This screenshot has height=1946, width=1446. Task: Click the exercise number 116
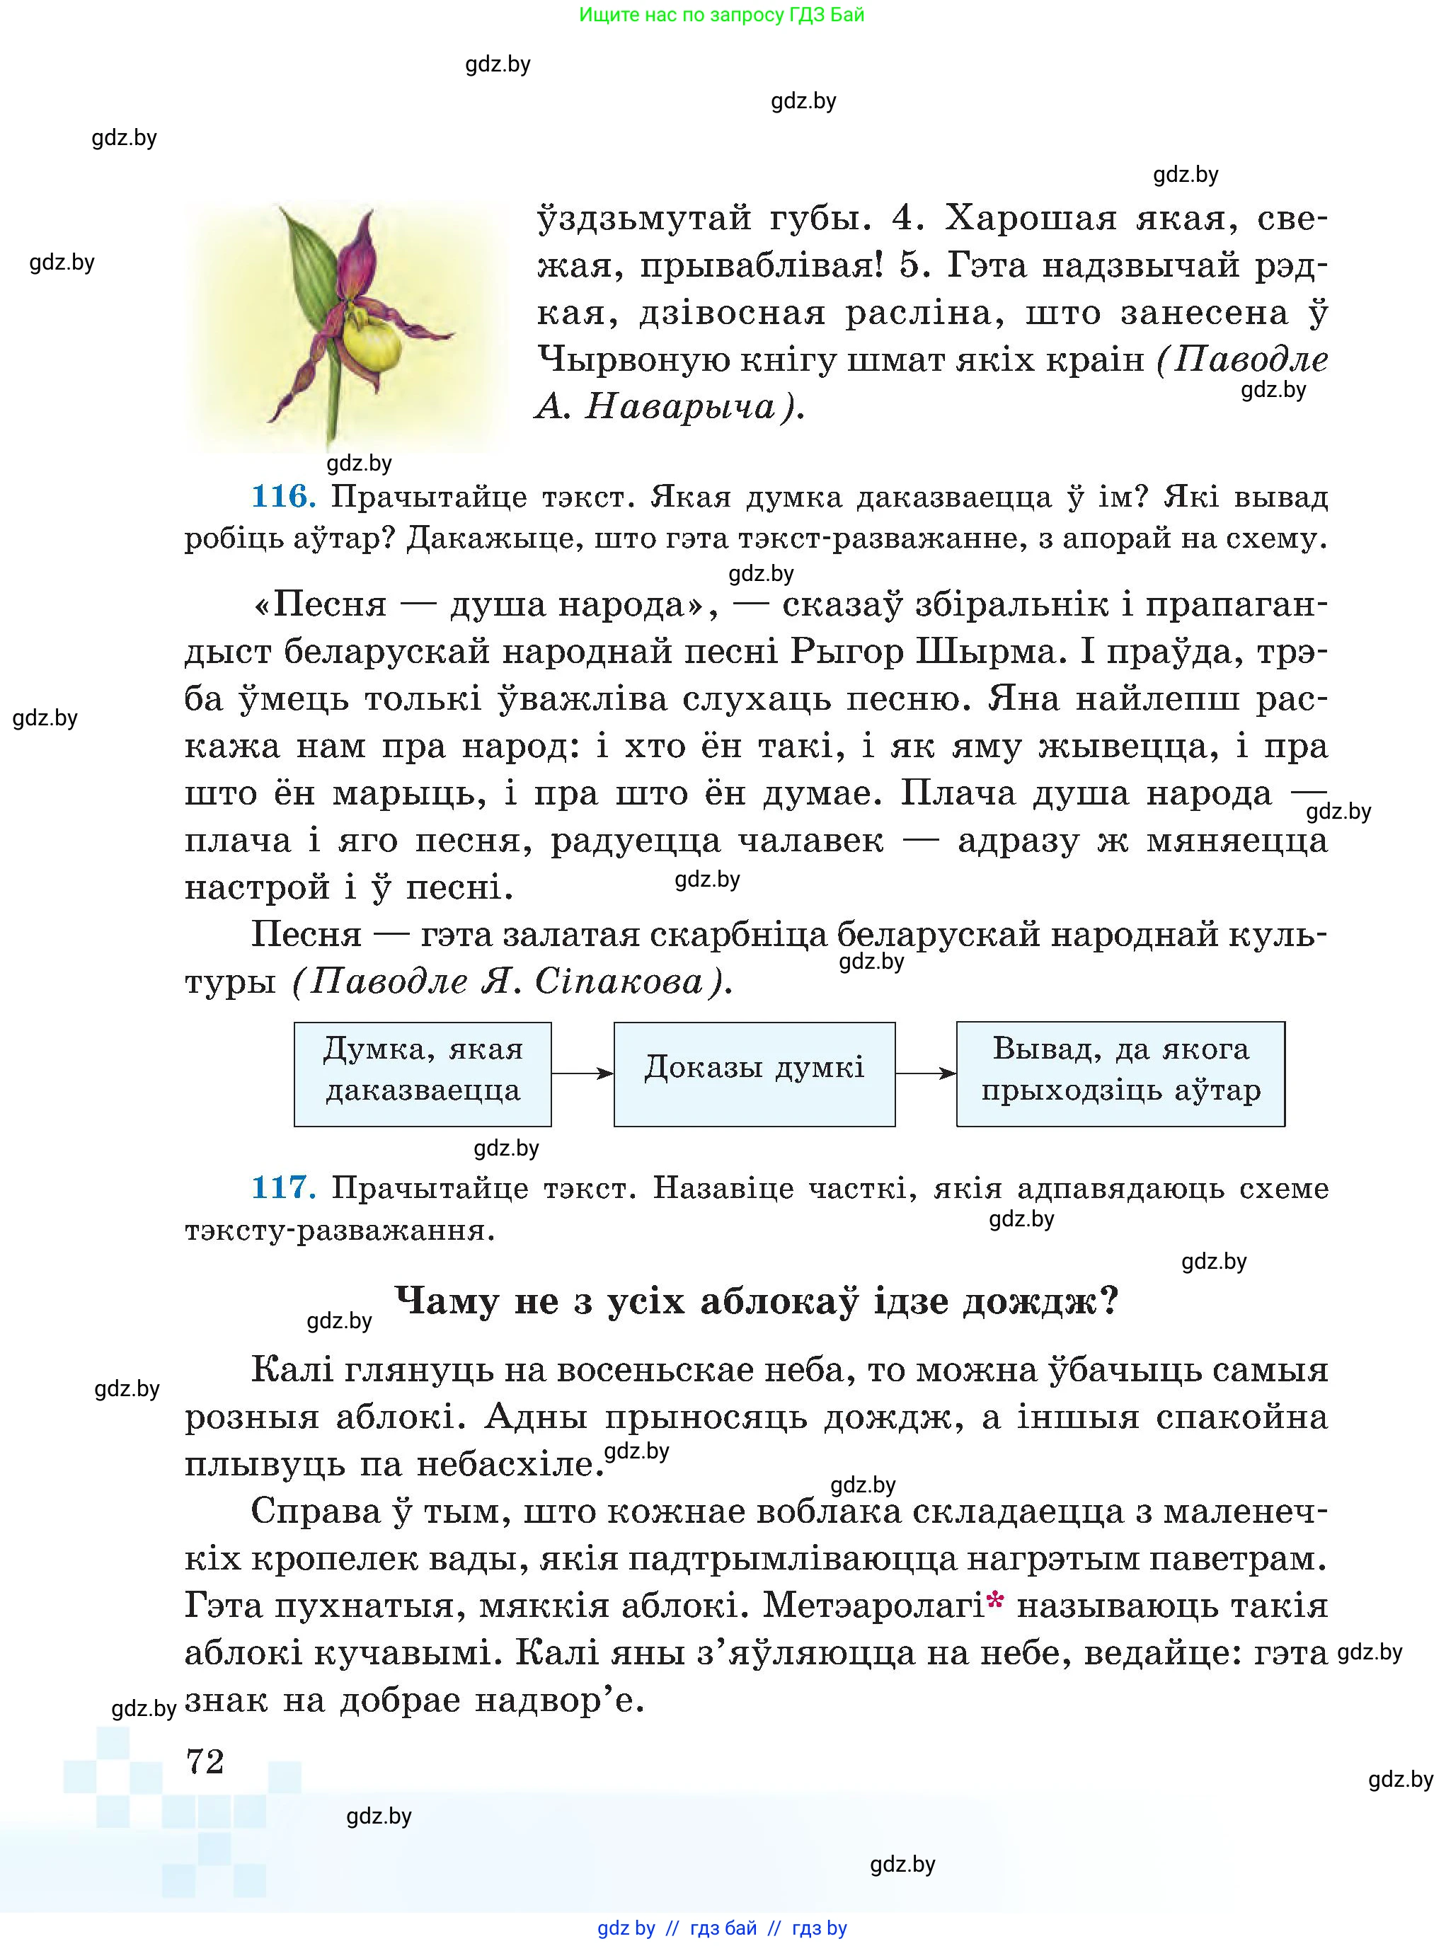coord(282,496)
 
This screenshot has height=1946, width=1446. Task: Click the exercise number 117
coord(282,1187)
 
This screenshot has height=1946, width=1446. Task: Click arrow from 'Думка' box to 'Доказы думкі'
coord(582,1073)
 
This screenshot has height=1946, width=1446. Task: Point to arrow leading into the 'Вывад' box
coord(925,1073)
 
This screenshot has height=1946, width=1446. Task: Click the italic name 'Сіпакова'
coord(619,981)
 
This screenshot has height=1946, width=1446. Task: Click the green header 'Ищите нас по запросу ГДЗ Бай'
coord(721,15)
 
